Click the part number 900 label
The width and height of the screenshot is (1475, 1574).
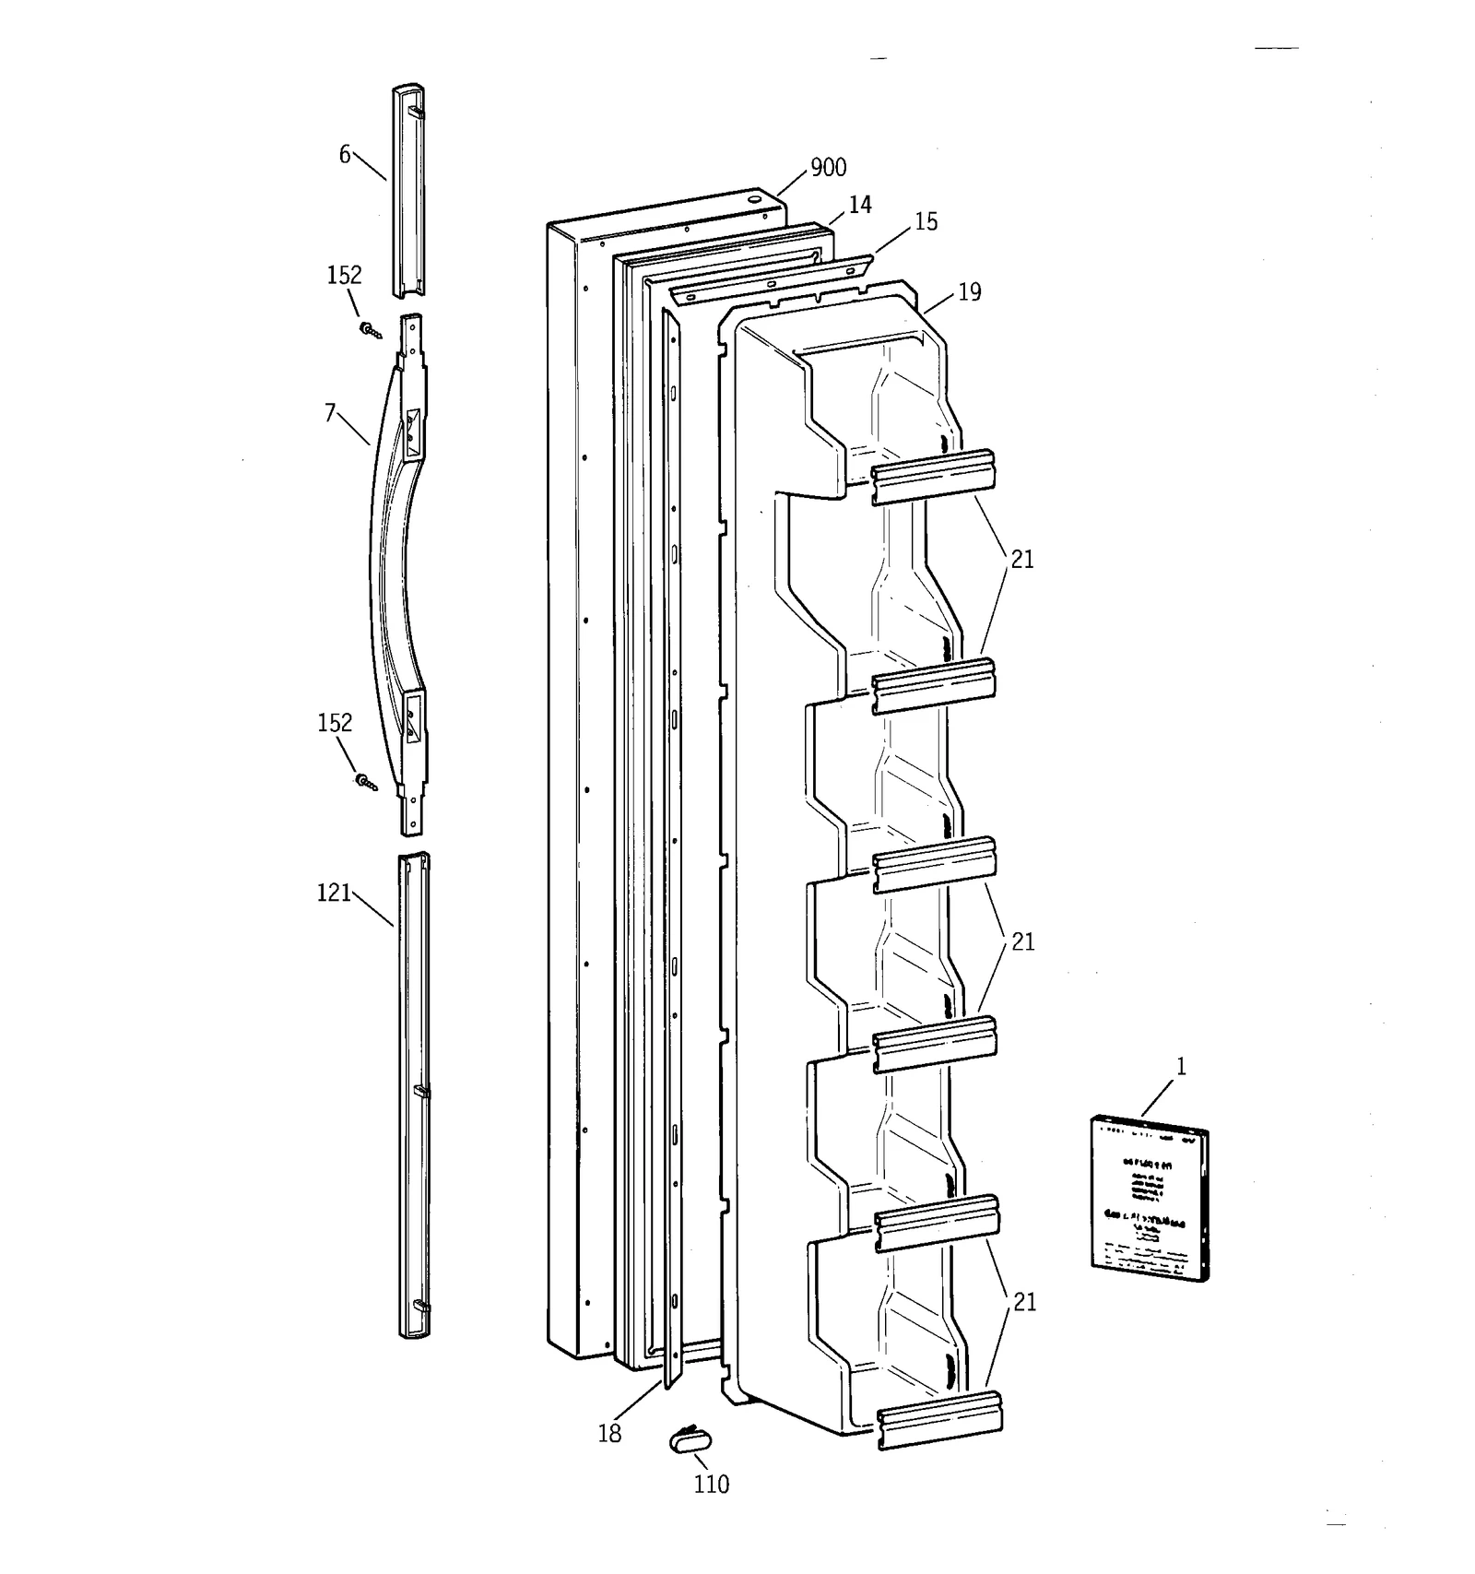click(827, 167)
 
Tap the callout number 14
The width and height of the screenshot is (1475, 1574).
click(859, 205)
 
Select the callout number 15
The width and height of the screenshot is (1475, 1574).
click(926, 221)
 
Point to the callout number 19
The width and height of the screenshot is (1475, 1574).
click(969, 292)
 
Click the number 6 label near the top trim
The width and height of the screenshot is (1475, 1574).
click(344, 155)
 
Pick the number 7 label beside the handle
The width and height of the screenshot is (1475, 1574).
click(330, 413)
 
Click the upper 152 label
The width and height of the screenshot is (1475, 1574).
click(344, 275)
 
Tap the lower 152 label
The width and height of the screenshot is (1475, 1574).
click(334, 722)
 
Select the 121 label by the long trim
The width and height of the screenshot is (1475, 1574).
click(334, 893)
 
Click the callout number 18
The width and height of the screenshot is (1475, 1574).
click(609, 1434)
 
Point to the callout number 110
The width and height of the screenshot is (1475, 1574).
click(711, 1485)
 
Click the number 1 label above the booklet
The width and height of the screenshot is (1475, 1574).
click(1181, 1067)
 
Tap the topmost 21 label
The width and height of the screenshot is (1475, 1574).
click(1022, 560)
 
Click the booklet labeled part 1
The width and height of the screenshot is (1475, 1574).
click(1149, 1197)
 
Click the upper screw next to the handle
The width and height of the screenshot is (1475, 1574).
click(371, 330)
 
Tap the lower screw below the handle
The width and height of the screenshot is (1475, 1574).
click(366, 783)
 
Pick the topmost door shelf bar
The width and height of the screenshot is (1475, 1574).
click(934, 476)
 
